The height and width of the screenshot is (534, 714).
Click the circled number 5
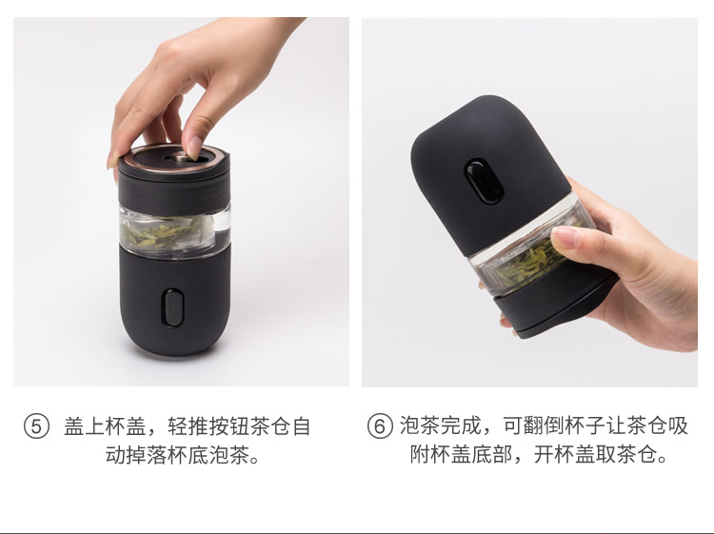coord(36,426)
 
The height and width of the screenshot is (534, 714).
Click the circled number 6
coord(379,426)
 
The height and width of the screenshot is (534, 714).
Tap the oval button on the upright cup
coord(173,307)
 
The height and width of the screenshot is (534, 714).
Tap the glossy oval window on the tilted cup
coord(484,182)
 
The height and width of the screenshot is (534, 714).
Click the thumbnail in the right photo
coord(565,237)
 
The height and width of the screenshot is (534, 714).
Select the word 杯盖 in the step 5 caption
coord(126,427)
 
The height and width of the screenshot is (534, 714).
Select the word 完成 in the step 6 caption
coord(462,426)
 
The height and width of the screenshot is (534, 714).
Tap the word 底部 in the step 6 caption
coord(492,454)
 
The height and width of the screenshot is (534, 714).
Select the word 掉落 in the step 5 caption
coord(147,454)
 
